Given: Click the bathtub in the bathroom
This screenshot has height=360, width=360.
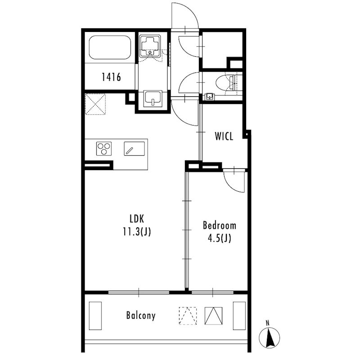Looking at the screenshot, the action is [110, 47].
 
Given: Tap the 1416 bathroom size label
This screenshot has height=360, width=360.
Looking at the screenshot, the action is [111, 77].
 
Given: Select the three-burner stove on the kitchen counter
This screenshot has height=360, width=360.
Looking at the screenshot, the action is [104, 148].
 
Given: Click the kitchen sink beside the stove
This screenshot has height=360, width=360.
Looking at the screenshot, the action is [134, 148].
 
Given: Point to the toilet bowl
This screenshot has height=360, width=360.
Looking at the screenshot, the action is [224, 82].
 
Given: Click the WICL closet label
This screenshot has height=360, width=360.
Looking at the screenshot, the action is [224, 136].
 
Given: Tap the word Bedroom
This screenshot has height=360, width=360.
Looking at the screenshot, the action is [220, 225].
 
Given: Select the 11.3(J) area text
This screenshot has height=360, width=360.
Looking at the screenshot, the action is [137, 231].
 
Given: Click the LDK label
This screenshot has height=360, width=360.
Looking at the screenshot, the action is [137, 219].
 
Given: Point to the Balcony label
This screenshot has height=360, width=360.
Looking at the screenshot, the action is [141, 315].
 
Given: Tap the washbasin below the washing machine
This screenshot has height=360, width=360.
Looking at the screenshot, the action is [153, 99].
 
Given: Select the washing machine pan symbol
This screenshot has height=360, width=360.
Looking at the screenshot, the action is [150, 46].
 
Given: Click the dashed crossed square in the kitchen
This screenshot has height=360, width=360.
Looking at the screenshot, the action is [95, 104].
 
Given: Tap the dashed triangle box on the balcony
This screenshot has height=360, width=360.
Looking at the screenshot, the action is [188, 316].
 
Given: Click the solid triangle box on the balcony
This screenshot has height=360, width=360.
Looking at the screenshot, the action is [213, 316].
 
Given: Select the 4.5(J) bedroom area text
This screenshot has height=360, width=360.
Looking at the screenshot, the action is [220, 238].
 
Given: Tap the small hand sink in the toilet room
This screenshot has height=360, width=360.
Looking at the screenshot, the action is [209, 96].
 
